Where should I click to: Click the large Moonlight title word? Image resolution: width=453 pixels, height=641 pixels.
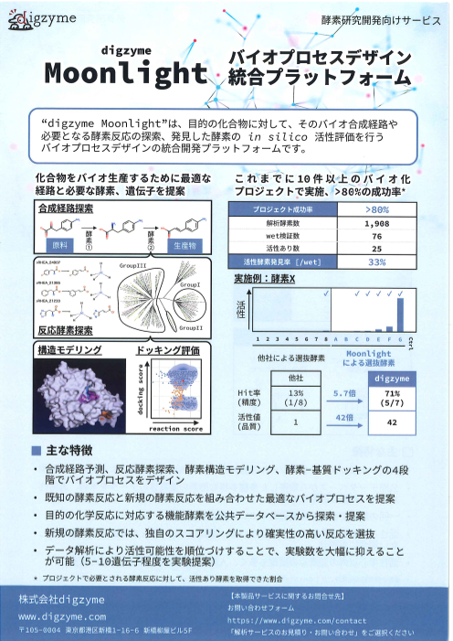coord(127,71)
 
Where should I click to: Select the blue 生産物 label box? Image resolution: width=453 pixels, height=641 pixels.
coord(184,247)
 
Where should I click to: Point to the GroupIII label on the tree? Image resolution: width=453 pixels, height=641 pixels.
coord(132,265)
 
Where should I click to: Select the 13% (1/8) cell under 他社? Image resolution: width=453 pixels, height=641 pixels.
coord(296,399)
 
